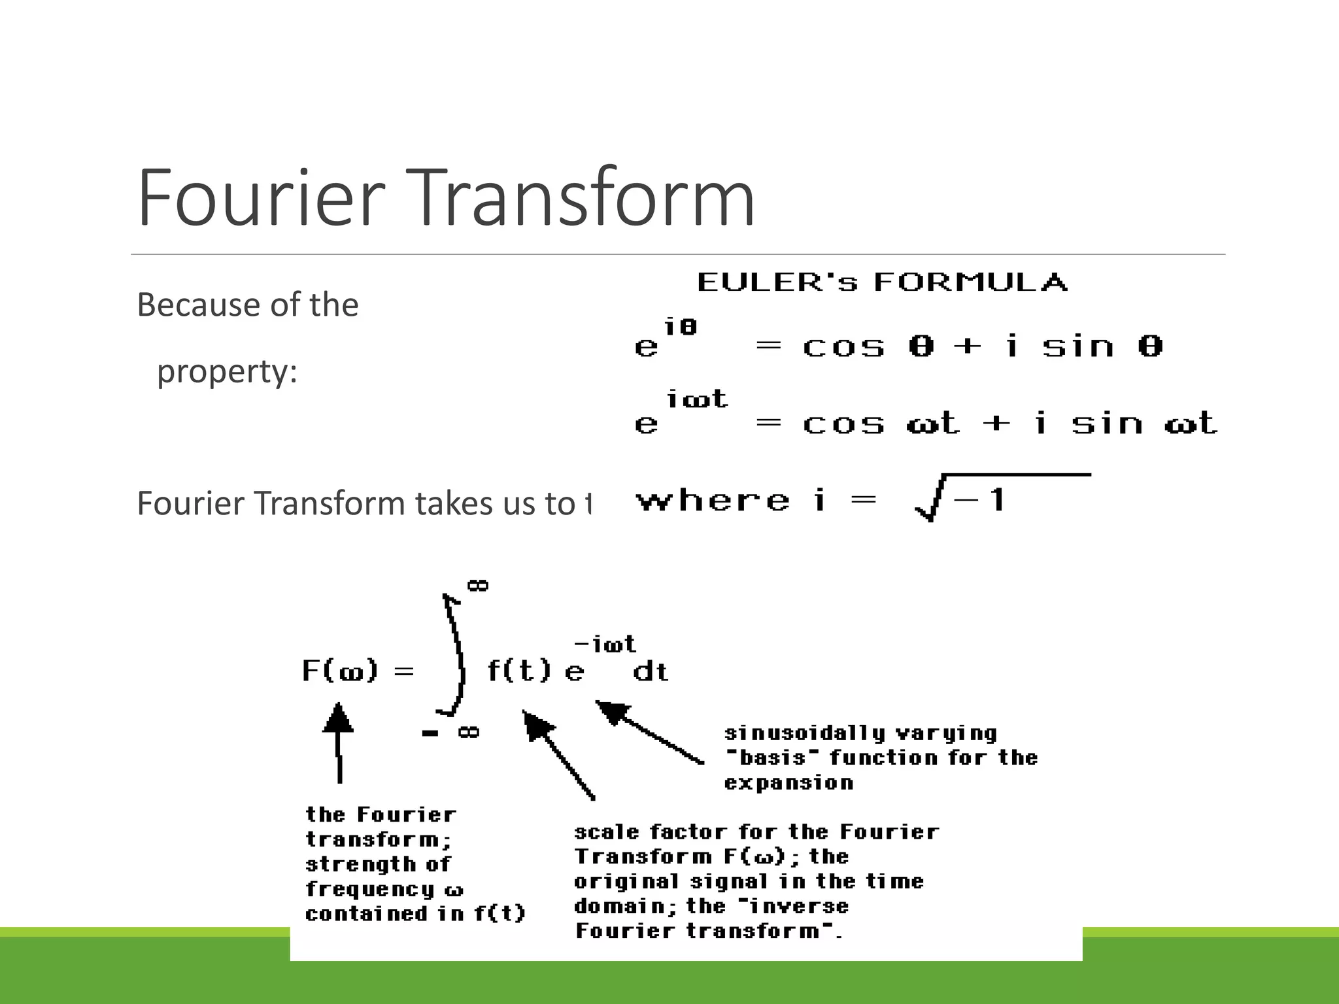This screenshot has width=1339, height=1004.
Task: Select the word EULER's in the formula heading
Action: pos(777,282)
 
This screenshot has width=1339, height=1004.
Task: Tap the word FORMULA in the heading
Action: pos(970,282)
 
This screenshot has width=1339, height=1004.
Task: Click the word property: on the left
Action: pos(227,373)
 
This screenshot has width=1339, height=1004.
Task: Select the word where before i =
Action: pos(713,501)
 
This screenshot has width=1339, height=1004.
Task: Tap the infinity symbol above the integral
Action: pos(478,585)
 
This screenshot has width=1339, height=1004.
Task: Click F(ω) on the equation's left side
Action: pos(340,671)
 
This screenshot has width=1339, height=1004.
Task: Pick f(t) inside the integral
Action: pos(519,671)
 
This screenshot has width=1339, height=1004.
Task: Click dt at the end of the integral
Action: pos(651,672)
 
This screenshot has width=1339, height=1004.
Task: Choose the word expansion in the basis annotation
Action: pos(788,783)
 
